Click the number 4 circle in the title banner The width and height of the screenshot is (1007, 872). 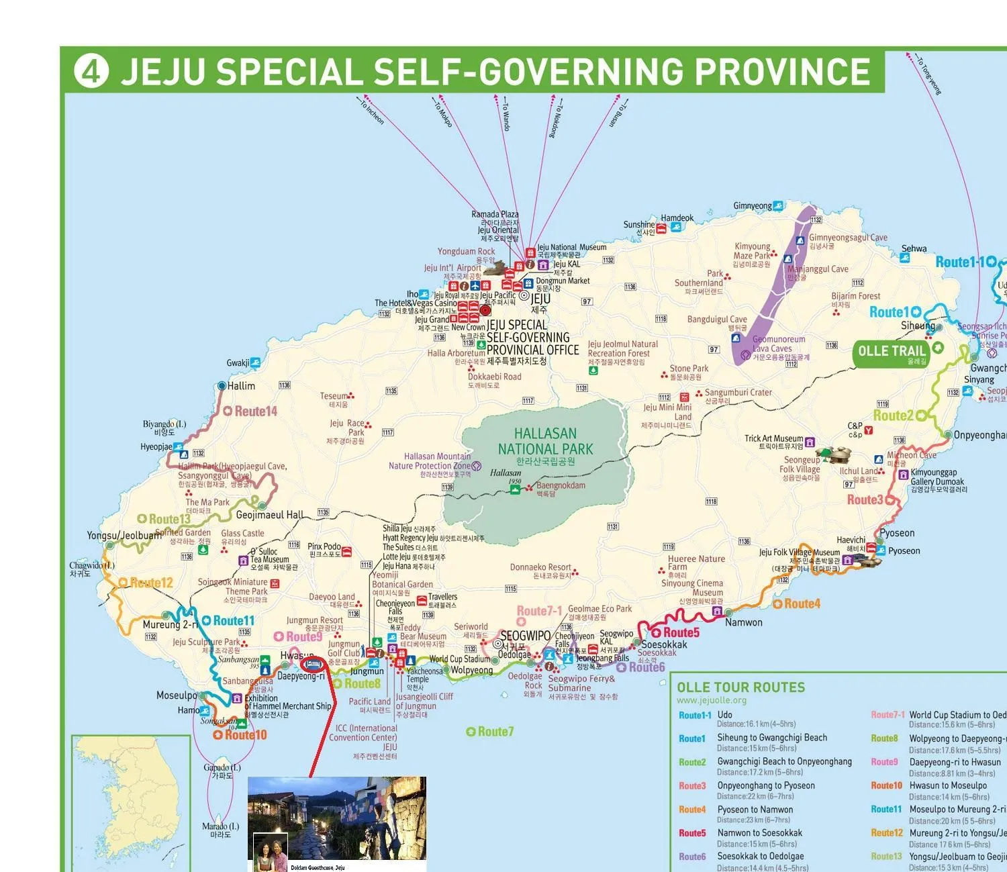(91, 70)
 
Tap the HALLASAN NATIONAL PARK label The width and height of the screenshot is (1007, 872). (545, 442)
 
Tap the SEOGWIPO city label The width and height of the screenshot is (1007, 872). (526, 635)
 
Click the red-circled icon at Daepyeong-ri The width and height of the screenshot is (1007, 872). (314, 665)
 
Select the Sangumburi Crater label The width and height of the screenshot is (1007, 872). (738, 392)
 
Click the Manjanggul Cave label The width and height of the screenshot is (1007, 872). (817, 269)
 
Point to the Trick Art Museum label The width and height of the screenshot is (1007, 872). (773, 438)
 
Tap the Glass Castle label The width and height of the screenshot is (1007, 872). (242, 533)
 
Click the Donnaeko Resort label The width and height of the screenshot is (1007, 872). (540, 567)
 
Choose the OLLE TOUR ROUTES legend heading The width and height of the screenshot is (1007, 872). (740, 687)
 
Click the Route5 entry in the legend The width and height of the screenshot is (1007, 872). (691, 833)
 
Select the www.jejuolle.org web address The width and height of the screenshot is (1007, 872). (711, 700)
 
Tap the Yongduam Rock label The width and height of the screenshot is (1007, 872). (466, 251)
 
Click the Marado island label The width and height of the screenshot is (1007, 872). (220, 826)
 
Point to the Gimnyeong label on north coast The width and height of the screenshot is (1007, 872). (752, 205)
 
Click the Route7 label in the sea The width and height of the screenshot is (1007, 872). (495, 732)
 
